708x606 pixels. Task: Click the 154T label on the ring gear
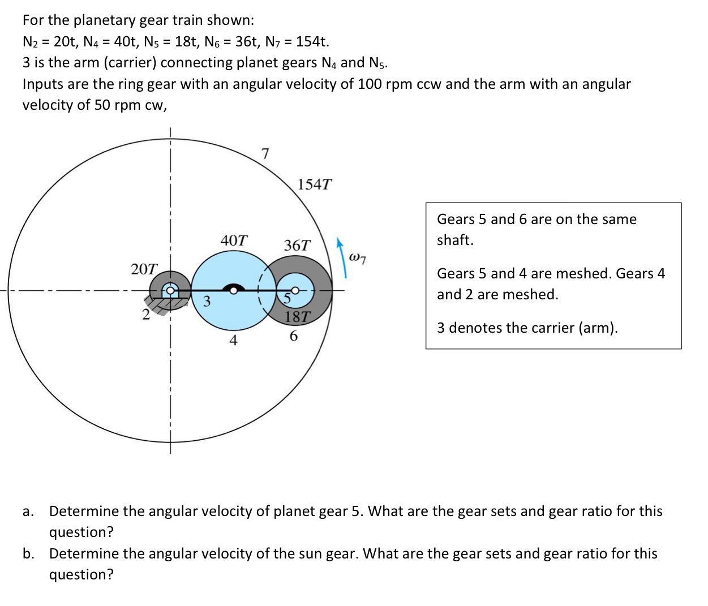coord(314,184)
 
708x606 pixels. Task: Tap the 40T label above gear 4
coord(234,240)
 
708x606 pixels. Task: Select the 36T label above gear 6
coord(297,246)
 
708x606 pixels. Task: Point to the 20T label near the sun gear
coord(144,269)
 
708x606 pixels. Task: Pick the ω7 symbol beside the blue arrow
coord(358,258)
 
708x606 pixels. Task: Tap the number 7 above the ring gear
coord(265,154)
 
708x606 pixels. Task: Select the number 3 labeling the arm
coord(207,301)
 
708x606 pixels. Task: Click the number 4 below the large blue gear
coord(233,340)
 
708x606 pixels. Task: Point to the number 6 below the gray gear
coord(293,336)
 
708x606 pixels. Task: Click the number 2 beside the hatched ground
coord(146,315)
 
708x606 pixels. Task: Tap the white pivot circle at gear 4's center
coord(233,291)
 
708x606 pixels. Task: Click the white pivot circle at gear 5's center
coord(294,291)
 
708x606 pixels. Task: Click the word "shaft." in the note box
coord(455,240)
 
